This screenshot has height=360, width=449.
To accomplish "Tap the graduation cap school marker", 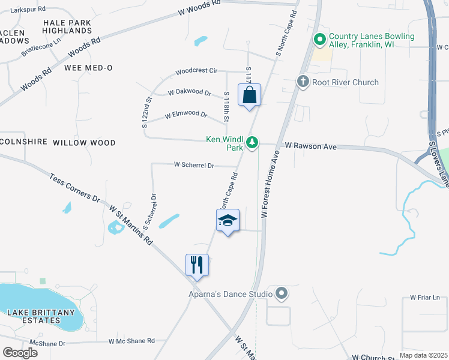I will (x=228, y=221).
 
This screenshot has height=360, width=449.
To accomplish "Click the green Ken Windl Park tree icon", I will (x=253, y=142).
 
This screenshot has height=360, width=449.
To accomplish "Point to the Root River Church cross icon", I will (x=303, y=82).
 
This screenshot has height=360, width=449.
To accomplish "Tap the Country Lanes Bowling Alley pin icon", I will (x=320, y=40).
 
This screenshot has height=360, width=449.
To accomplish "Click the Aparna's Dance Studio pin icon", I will (x=281, y=293).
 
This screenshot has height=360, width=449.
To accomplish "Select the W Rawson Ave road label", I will (x=311, y=146).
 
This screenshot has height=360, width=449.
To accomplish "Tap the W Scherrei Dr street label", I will (x=194, y=164).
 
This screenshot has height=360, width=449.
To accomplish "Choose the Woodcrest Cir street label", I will (x=196, y=71).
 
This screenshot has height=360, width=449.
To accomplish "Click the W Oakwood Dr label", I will (x=190, y=93).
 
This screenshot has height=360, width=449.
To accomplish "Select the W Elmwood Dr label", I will (x=186, y=115).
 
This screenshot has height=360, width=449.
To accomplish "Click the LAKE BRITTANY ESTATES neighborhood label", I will (x=41, y=316).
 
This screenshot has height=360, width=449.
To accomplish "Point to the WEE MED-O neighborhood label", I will (x=88, y=68).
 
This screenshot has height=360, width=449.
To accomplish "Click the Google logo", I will (x=20, y=353).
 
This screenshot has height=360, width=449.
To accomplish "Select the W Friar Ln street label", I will (x=425, y=297).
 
